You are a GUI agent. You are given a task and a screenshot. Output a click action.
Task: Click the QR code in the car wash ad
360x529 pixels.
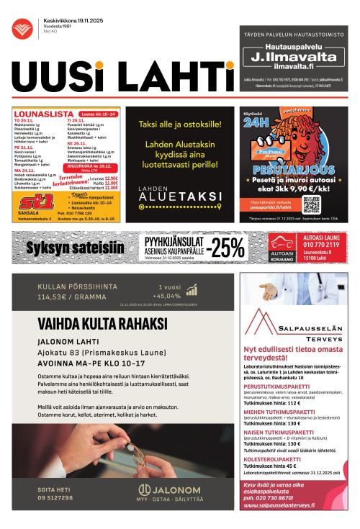pyautogui.click(x=310, y=204)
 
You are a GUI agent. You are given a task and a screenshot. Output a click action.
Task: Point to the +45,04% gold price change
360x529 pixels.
pyautogui.click(x=166, y=296)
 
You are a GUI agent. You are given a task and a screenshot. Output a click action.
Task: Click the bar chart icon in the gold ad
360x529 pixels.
pyautogui.click(x=192, y=290)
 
